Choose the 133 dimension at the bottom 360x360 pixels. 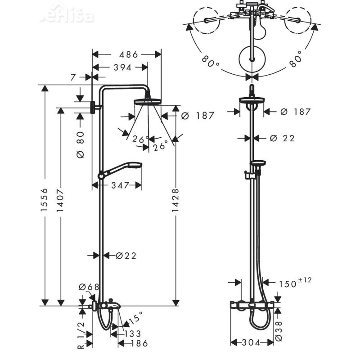(132, 333)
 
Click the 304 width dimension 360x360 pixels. (252, 343)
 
